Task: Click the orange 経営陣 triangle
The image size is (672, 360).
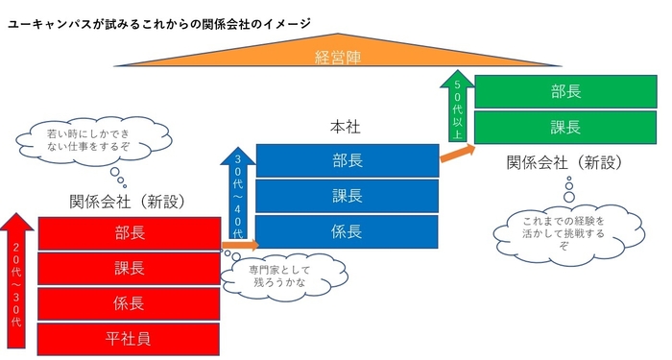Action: (x=336, y=57)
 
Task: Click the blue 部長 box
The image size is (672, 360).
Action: (x=347, y=160)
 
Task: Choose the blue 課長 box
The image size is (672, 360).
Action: (x=347, y=196)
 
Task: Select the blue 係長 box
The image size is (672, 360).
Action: (x=347, y=231)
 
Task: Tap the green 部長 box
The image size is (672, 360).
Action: (x=565, y=91)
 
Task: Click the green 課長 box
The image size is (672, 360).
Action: (x=565, y=126)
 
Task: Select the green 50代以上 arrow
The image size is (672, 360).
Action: (x=458, y=107)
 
